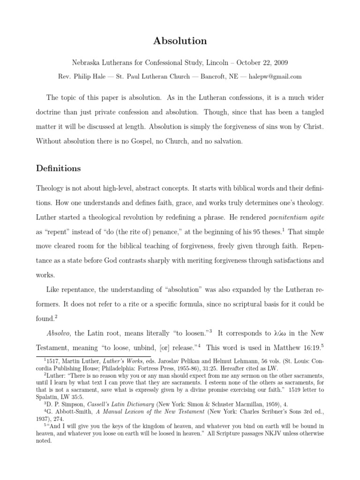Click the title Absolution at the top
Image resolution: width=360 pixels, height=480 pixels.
(180, 41)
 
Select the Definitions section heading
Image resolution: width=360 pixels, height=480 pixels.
(58, 168)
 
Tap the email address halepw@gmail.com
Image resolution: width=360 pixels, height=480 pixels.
(275, 76)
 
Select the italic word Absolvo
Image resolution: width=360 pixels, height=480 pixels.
(59, 333)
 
